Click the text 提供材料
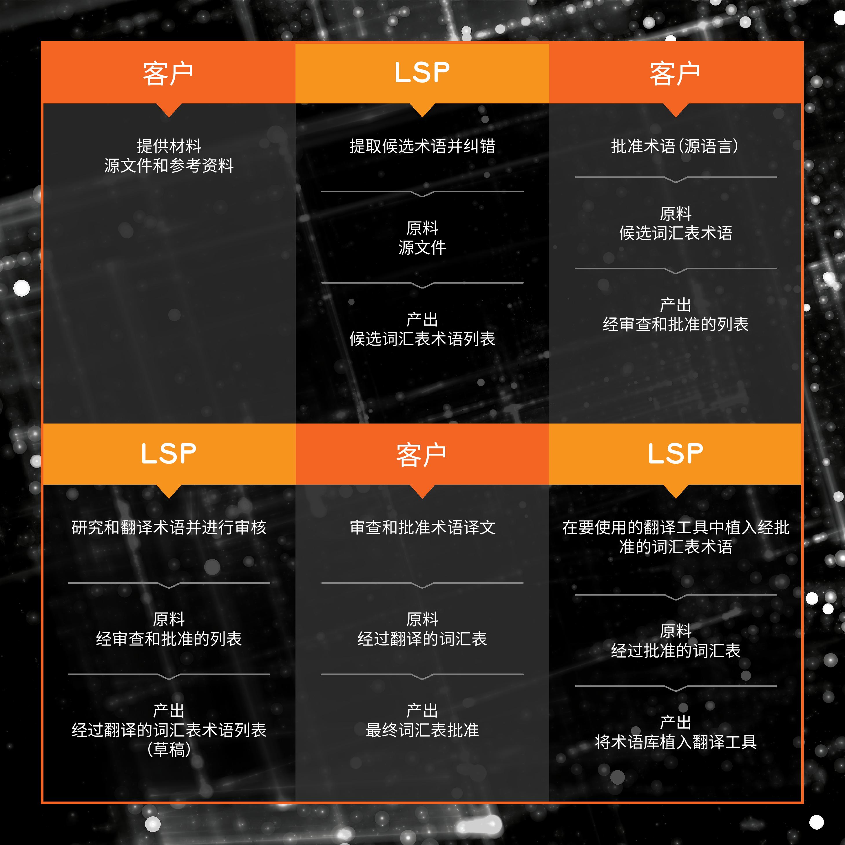pyautogui.click(x=169, y=146)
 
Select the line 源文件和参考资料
pyautogui.click(x=169, y=165)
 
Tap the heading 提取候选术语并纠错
pyautogui.click(x=422, y=146)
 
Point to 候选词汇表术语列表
pyautogui.click(x=422, y=339)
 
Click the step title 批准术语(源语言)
pyautogui.click(x=675, y=146)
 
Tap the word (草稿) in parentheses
pyautogui.click(x=169, y=749)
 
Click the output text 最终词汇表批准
pyautogui.click(x=422, y=730)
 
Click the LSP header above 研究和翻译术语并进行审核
pyautogui.click(x=169, y=454)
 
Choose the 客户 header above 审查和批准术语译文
pyautogui.click(x=421, y=455)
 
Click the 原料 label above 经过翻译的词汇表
pyautogui.click(x=422, y=619)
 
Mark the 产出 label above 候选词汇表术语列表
pyautogui.click(x=422, y=319)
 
